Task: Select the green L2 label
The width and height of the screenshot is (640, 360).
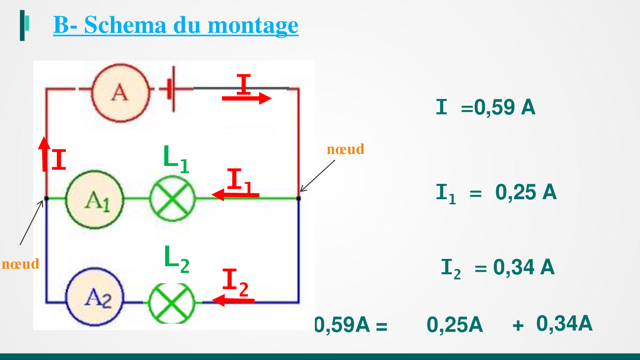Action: [x=177, y=259]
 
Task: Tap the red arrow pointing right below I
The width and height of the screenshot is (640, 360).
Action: [x=247, y=98]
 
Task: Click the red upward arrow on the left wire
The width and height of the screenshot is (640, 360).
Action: [x=44, y=154]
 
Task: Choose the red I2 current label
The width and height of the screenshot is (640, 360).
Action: [x=235, y=282]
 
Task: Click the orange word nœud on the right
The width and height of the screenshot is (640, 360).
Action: [x=346, y=149]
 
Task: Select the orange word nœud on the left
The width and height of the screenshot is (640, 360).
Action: [x=20, y=264]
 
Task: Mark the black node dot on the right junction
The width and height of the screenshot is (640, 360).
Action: [x=299, y=198]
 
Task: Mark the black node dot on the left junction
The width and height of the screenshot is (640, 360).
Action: [x=46, y=198]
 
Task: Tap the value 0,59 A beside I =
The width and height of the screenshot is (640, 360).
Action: [x=504, y=107]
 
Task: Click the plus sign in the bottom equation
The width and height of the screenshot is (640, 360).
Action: [x=518, y=325]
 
